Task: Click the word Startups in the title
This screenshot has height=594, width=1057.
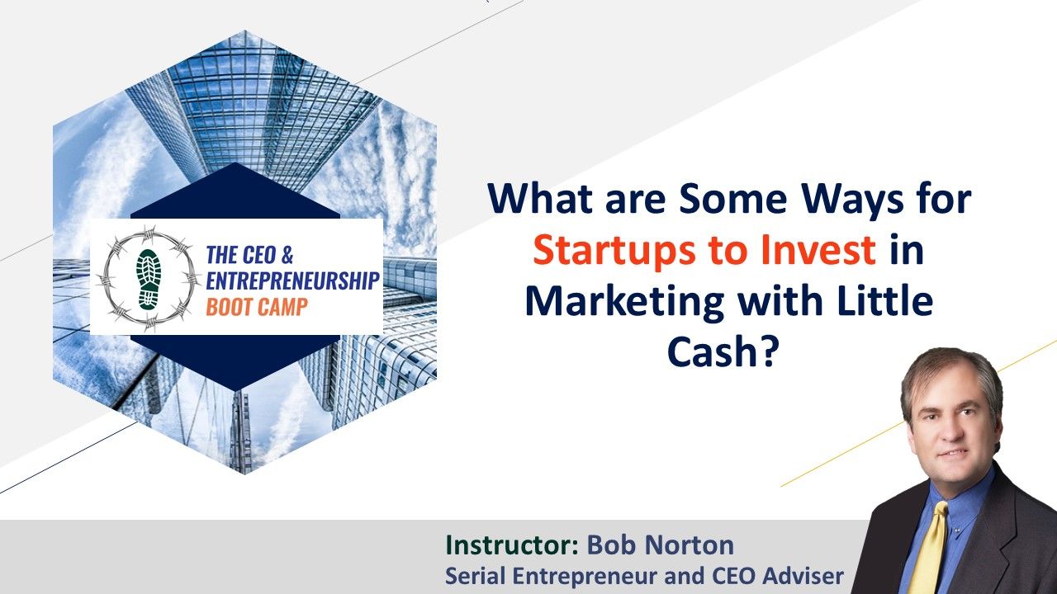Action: click(x=614, y=252)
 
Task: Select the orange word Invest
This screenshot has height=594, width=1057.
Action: click(x=818, y=250)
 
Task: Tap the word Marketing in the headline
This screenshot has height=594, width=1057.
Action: click(x=623, y=303)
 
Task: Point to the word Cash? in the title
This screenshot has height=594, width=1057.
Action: click(x=722, y=352)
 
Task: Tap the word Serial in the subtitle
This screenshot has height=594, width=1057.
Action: click(x=476, y=576)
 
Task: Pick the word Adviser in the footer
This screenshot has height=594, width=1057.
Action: click(x=803, y=576)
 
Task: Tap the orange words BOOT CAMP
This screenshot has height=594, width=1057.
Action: click(x=257, y=308)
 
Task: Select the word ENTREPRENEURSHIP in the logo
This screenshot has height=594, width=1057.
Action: click(x=293, y=281)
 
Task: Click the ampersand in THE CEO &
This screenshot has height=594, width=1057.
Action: click(x=287, y=255)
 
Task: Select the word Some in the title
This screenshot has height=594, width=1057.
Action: click(x=732, y=199)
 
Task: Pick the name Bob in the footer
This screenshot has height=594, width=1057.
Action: click(x=613, y=544)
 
